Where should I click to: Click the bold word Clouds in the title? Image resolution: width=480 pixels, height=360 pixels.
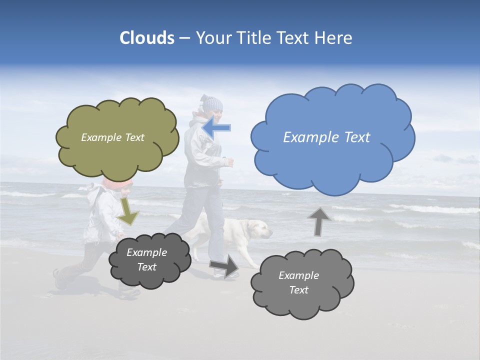(146, 38)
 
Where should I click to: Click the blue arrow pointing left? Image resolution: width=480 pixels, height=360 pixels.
(217, 127)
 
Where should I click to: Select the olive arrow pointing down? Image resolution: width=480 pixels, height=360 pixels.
(128, 211)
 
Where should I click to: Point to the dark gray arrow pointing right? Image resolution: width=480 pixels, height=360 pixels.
(224, 266)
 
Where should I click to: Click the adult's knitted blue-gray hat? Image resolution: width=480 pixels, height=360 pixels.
(211, 103)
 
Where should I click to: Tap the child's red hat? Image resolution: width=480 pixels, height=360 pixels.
(118, 183)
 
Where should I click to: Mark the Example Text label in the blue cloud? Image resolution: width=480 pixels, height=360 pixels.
(326, 137)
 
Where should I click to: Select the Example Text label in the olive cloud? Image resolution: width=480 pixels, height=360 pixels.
(112, 137)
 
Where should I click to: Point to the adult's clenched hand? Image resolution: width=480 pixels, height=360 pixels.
(229, 161)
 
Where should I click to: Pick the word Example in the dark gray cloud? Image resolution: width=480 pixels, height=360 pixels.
(146, 253)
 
